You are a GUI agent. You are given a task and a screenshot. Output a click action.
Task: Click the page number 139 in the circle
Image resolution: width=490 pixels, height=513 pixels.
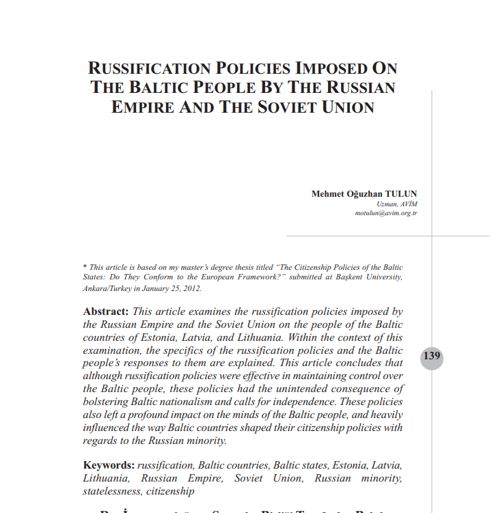pyautogui.click(x=431, y=357)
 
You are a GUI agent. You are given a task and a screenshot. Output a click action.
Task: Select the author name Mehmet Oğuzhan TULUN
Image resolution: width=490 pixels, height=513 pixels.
pyautogui.click(x=364, y=194)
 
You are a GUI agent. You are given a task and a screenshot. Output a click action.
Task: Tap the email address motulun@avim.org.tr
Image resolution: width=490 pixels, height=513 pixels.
pyautogui.click(x=386, y=213)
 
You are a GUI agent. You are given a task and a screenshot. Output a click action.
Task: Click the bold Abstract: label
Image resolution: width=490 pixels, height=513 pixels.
pyautogui.click(x=106, y=311)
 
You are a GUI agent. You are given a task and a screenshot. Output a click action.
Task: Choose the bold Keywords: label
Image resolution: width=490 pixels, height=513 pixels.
pyautogui.click(x=109, y=465)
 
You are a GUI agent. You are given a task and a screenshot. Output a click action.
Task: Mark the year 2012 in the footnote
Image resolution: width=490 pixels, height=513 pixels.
pyautogui.click(x=191, y=288)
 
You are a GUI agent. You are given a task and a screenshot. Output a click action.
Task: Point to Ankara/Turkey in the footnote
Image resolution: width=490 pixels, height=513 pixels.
pyautogui.click(x=107, y=288)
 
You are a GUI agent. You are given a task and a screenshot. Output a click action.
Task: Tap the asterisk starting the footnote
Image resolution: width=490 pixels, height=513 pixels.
pyautogui.click(x=84, y=267)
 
